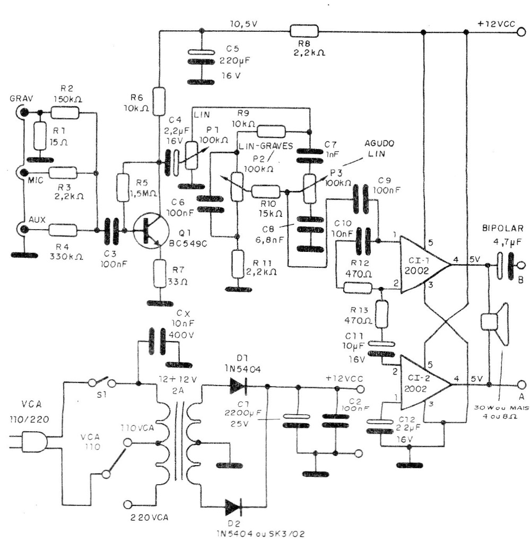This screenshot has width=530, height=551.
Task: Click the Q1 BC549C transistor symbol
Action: coord(147,230)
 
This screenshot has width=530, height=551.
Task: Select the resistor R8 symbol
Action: coord(303,31)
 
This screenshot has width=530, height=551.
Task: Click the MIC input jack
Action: coord(22,172)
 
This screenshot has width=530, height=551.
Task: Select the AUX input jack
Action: coord(23,230)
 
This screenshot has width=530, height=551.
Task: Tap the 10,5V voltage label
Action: coord(244,24)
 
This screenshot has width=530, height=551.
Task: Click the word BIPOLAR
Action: coord(502,229)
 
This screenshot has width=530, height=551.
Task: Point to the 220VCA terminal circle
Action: coord(128,504)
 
